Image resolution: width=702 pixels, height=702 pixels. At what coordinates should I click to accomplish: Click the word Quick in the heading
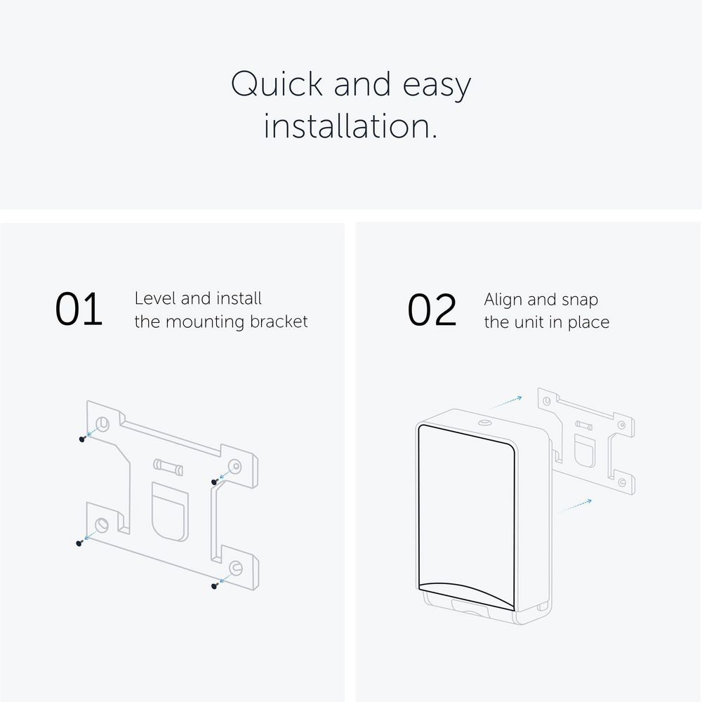[277, 84]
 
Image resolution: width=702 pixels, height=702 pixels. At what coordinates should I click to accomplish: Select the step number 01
[79, 309]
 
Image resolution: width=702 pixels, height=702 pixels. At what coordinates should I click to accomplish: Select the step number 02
[432, 310]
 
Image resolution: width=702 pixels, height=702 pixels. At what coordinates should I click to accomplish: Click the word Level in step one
[155, 298]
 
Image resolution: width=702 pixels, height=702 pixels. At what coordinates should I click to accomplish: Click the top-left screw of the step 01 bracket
[82, 439]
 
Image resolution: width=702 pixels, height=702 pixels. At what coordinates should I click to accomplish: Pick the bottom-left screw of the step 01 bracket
[79, 543]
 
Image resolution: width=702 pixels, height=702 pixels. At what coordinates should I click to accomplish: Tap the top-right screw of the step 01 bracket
[215, 482]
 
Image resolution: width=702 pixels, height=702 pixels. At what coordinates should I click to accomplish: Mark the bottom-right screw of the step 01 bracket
[214, 585]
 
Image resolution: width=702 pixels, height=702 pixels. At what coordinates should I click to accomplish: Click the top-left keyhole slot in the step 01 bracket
[102, 423]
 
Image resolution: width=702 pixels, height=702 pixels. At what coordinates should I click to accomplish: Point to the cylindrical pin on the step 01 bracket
[168, 467]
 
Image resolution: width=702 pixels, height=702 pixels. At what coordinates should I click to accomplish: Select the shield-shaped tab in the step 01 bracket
[170, 512]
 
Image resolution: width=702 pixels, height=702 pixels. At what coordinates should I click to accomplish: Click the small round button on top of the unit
[484, 423]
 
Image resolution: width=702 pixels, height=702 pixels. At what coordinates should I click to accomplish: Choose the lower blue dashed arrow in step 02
[576, 505]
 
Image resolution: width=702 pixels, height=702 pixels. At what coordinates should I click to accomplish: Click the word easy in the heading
[437, 86]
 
